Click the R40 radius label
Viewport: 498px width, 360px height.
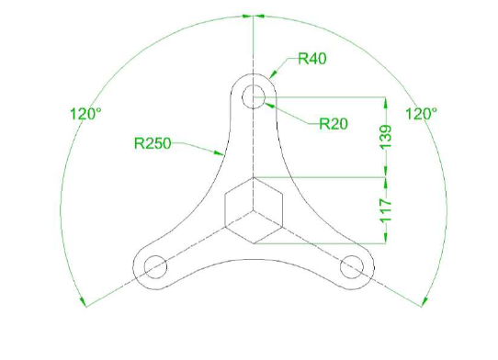coord(313,60)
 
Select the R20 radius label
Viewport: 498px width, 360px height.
coord(333,123)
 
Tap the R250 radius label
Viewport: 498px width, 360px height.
coord(153,142)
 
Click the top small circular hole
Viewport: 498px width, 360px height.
coord(253,96)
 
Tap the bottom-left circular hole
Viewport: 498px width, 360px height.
coord(154,266)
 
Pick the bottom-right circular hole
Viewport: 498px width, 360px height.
coord(351,266)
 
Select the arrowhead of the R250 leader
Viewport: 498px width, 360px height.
coord(218,152)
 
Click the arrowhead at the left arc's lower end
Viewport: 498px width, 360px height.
coord(84,301)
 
